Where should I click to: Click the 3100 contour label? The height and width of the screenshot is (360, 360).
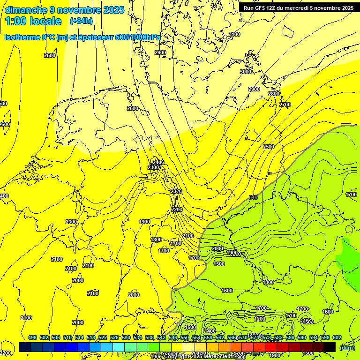point(234,34)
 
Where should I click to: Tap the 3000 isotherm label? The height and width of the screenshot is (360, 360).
point(246,72)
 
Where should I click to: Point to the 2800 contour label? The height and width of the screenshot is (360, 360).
point(274,94)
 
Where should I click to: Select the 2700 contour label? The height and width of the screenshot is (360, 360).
point(285,105)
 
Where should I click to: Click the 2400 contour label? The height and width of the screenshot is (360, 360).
point(158,162)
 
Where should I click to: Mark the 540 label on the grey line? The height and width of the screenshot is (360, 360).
point(253,197)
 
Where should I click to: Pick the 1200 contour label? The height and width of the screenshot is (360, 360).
point(260,319)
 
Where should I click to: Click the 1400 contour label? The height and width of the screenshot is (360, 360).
point(210,331)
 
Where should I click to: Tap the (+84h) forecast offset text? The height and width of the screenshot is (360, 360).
point(81,21)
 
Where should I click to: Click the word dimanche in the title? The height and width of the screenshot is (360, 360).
point(25,10)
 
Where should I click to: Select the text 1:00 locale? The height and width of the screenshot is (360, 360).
point(33,21)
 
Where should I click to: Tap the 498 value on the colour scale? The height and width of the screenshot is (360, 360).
point(32,337)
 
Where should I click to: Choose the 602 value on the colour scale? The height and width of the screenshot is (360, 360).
point(337,337)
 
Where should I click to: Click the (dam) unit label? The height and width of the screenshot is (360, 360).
point(347,347)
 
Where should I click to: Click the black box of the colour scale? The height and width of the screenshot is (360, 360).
point(330,347)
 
